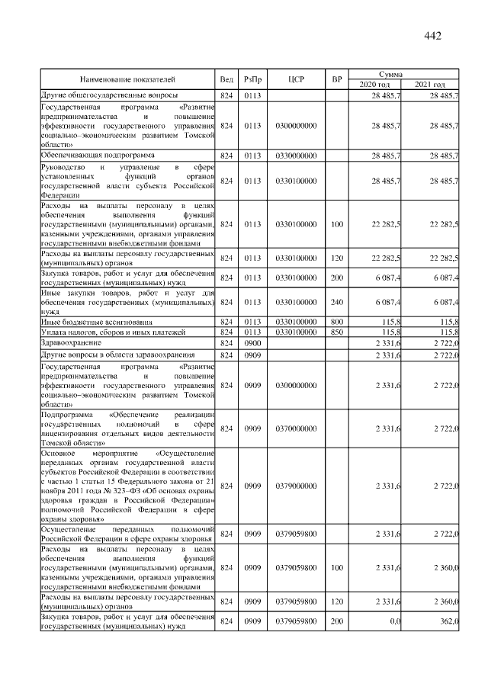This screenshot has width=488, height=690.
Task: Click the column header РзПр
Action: click(x=252, y=78)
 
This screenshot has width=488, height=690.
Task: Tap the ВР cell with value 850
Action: click(x=337, y=333)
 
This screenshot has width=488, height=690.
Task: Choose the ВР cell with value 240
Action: click(x=337, y=302)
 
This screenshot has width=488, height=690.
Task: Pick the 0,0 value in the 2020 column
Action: click(x=394, y=622)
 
